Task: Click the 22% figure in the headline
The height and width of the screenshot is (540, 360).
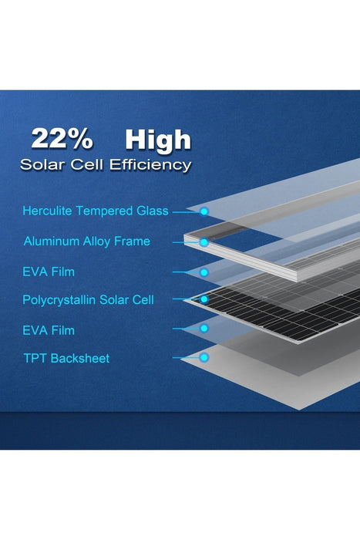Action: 62,140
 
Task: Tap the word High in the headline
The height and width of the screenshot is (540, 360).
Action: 157,140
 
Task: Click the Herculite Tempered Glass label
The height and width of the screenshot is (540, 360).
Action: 96,211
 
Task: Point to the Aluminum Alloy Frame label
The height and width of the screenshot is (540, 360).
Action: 86,241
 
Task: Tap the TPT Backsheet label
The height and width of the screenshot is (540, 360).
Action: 66,358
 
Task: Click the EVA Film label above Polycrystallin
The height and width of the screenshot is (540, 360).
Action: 49,272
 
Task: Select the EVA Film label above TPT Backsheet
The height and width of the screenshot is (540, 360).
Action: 49,329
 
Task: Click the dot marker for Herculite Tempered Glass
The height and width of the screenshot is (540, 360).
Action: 204,211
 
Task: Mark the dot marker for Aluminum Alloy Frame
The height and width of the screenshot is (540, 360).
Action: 204,241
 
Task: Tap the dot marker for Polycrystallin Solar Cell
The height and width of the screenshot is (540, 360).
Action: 204,299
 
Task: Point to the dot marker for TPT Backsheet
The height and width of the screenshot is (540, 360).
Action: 204,357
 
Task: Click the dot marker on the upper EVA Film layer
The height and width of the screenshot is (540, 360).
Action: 204,272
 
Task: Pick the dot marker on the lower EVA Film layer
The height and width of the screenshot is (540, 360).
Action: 204,329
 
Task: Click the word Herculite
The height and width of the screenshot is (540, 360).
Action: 47,211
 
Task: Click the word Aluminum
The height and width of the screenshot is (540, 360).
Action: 50,241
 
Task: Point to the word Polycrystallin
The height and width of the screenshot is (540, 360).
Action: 60,299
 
